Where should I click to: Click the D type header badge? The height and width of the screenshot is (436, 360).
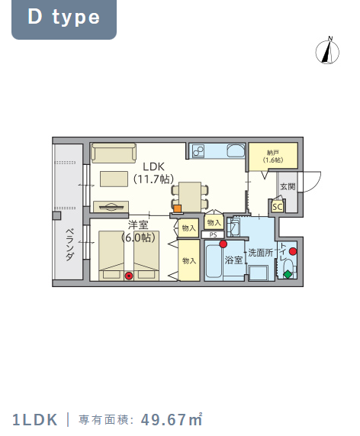coord(64,19)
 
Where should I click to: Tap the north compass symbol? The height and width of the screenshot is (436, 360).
coord(327,51)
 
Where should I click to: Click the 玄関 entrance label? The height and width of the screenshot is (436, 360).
coord(288,186)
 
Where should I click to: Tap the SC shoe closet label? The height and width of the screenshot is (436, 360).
coord(277,207)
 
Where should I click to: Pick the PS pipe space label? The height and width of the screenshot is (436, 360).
coord(213,235)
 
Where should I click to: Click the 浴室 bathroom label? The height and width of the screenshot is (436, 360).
coord(233,260)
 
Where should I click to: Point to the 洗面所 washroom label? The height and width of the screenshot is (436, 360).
coord(261,253)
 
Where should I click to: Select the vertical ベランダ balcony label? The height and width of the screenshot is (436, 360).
coord(70,244)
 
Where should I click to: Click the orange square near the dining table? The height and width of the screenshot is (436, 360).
coord(178,208)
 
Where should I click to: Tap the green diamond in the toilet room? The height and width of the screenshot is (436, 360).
coord(288,275)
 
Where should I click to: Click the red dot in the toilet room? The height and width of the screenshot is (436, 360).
coord(293,251)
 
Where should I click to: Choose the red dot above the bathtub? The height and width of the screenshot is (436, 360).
coord(223,244)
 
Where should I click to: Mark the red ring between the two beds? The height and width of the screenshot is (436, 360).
coord(129,276)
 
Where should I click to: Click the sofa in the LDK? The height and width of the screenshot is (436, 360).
coord(114,153)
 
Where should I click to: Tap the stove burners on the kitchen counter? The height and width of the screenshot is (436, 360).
coord(198,151)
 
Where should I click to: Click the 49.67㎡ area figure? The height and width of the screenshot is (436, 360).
coord(172,420)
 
